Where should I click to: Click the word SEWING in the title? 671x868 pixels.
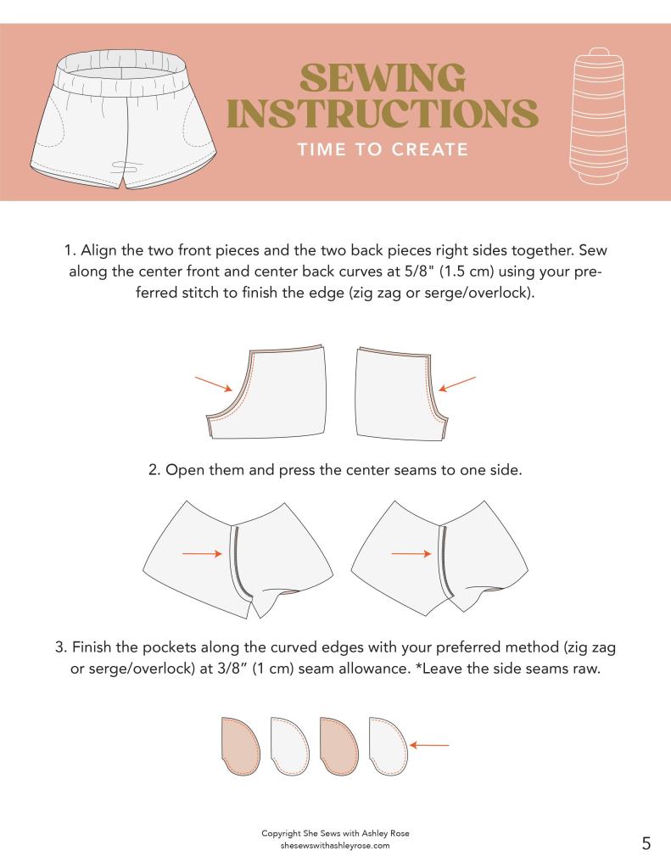click(383, 78)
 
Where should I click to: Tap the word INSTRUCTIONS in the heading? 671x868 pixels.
click(383, 114)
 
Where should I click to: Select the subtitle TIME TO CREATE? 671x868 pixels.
click(383, 149)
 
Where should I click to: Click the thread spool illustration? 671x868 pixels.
click(599, 115)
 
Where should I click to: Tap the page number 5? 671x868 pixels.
click(646, 843)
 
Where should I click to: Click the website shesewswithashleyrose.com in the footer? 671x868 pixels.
click(335, 845)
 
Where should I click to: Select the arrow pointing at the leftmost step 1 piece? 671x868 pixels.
click(213, 384)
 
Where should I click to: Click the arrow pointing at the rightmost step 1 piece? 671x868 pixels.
click(456, 384)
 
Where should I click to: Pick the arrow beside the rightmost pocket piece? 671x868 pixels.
click(429, 745)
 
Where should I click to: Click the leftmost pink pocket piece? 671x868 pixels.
click(241, 746)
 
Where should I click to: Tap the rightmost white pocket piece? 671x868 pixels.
click(389, 746)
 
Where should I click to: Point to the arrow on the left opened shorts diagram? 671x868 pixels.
click(202, 553)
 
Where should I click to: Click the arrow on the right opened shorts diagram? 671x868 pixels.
click(411, 553)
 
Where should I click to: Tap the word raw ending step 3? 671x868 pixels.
click(587, 669)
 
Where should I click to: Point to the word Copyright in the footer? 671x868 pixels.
click(281, 834)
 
